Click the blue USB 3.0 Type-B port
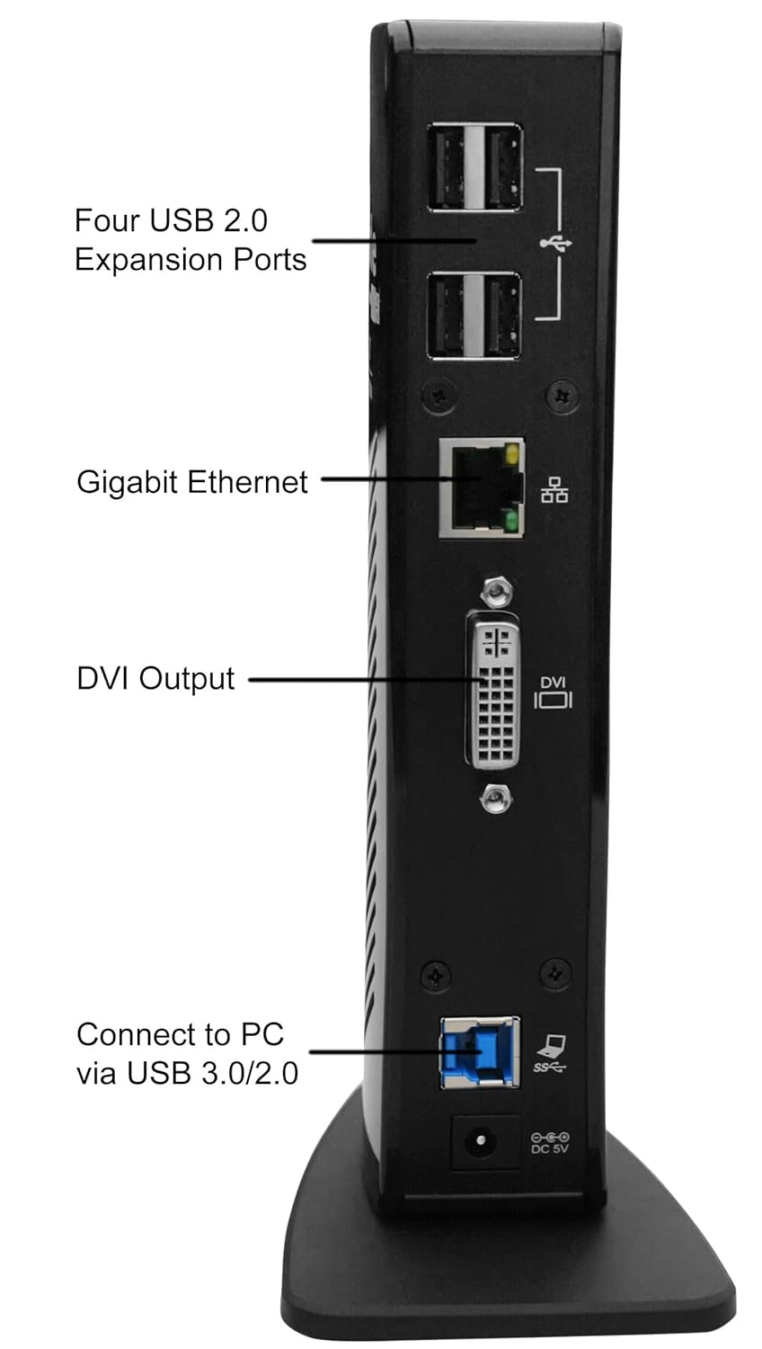[480, 1051]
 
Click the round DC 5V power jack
[483, 1143]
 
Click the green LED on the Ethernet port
[511, 522]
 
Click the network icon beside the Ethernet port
[554, 490]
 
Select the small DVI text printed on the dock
[554, 683]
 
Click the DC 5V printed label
[550, 1149]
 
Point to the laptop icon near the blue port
[552, 1045]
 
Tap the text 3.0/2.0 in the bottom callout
[253, 1073]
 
